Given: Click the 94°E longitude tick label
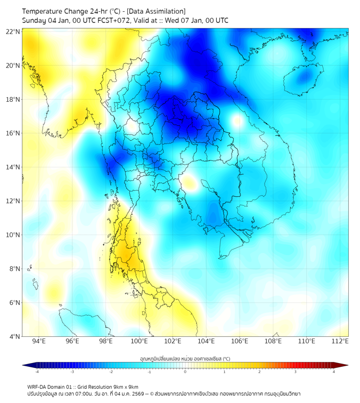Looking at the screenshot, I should click(x=39, y=342).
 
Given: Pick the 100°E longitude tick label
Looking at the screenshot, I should click(x=139, y=342).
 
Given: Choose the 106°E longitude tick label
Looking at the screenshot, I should click(x=240, y=342).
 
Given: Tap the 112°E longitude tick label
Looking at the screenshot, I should click(x=340, y=342).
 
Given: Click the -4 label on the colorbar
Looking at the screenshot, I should click(x=37, y=372).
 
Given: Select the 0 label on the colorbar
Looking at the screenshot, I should click(x=185, y=372).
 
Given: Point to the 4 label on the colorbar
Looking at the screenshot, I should click(x=334, y=372).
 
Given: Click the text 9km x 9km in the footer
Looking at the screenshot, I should click(x=126, y=386).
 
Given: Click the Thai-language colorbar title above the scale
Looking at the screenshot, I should click(x=185, y=359).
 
